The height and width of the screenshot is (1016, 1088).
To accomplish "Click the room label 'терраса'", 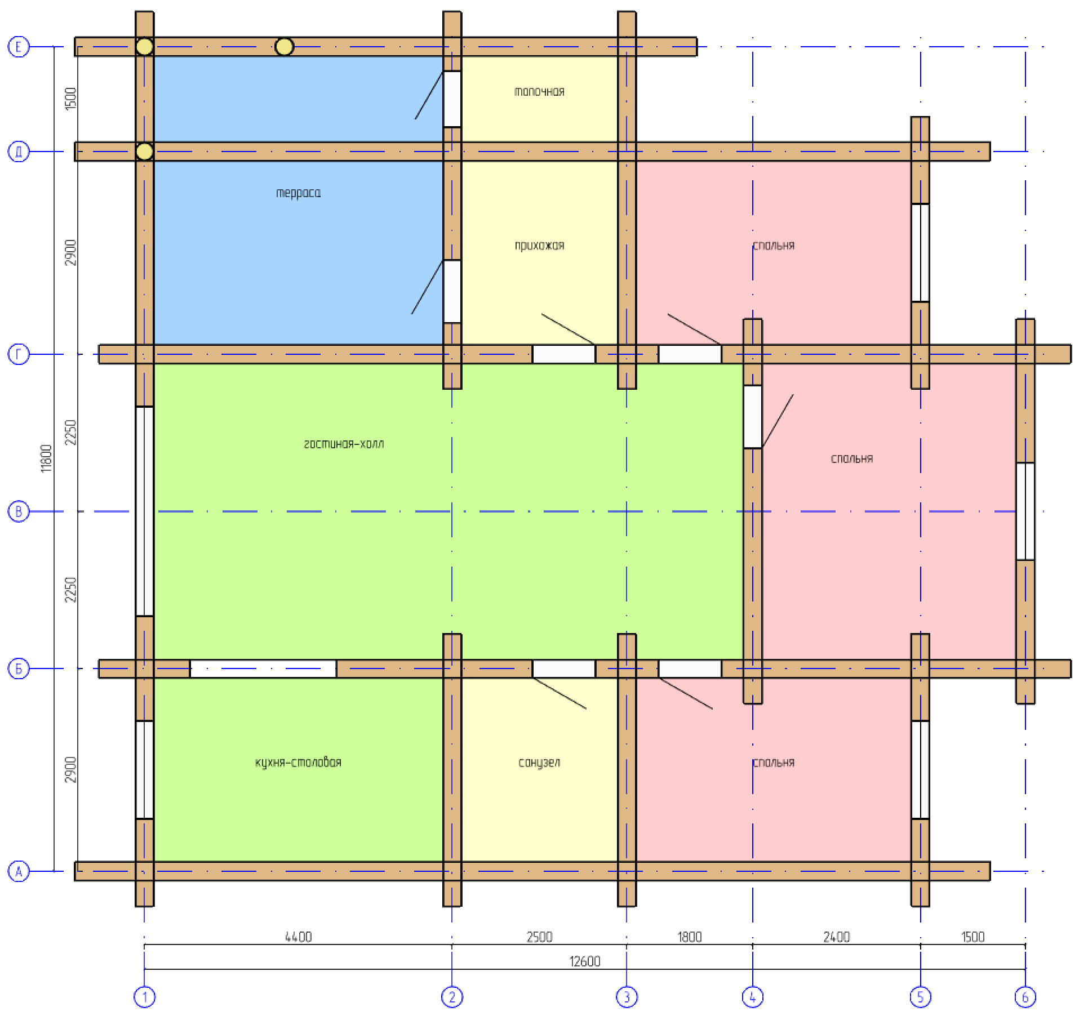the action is (x=298, y=193).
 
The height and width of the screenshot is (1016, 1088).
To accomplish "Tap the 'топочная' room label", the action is (x=539, y=92).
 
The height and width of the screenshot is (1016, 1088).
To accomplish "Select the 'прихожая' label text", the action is (x=539, y=246).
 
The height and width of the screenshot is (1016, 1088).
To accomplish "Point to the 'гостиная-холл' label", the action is (x=344, y=444).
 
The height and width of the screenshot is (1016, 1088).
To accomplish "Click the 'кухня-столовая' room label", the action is (x=298, y=763).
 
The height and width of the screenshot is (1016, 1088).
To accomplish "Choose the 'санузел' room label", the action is (x=539, y=763).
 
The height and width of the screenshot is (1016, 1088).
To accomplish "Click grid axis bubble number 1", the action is (x=144, y=997).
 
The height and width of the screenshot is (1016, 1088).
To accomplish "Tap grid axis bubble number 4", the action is (x=753, y=997).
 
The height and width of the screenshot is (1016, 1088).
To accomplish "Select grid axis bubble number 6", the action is (x=1025, y=997).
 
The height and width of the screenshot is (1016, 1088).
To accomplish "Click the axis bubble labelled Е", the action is (x=19, y=46).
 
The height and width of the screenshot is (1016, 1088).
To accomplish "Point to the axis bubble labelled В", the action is (x=19, y=511).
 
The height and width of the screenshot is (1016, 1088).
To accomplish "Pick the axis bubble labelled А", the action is (x=19, y=871).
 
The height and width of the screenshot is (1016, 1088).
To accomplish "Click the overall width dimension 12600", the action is (x=585, y=961).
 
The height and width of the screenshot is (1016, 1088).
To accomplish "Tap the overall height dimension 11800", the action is (x=46, y=458).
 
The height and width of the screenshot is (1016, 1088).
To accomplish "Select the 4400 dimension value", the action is (x=298, y=937).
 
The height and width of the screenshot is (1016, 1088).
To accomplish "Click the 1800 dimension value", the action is (x=690, y=937).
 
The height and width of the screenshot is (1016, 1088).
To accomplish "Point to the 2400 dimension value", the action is (x=837, y=937).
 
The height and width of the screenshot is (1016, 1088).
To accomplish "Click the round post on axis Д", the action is (x=144, y=151).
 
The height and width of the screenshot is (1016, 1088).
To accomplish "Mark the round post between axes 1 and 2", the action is (x=284, y=47).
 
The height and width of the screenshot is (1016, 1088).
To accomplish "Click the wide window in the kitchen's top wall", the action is (x=263, y=669).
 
